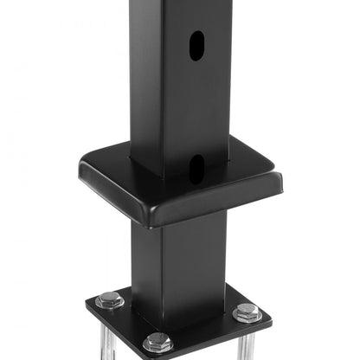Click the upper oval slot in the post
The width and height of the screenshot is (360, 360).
pos(197,46)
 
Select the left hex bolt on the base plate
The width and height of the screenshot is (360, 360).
pos(110,300)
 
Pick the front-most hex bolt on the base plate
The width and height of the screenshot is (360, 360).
pos(157,342)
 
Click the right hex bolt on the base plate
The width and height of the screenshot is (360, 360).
pos(247,312)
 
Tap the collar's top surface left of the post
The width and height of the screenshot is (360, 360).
pos(108,169)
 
